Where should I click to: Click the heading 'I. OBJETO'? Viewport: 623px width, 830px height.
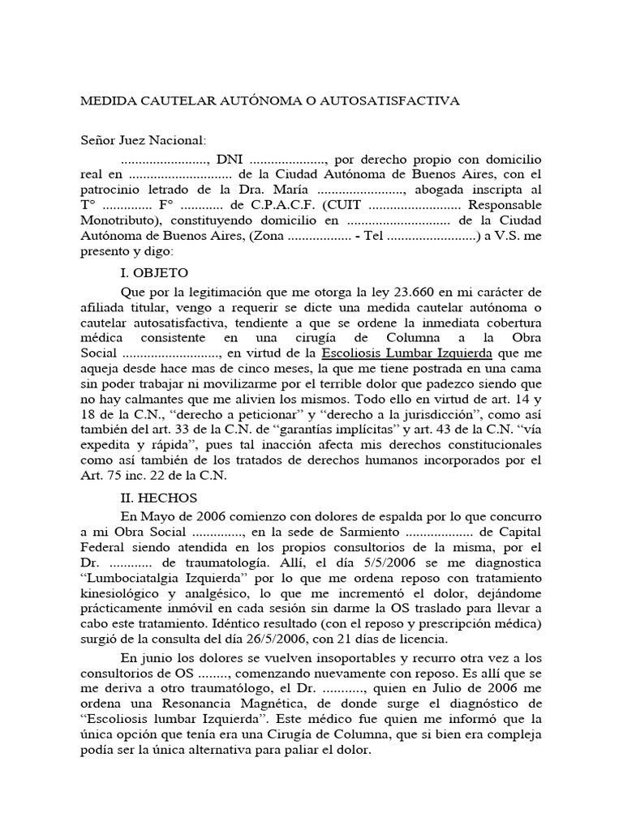[x=155, y=273]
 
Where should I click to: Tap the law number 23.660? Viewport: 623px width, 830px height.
[x=392, y=292]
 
